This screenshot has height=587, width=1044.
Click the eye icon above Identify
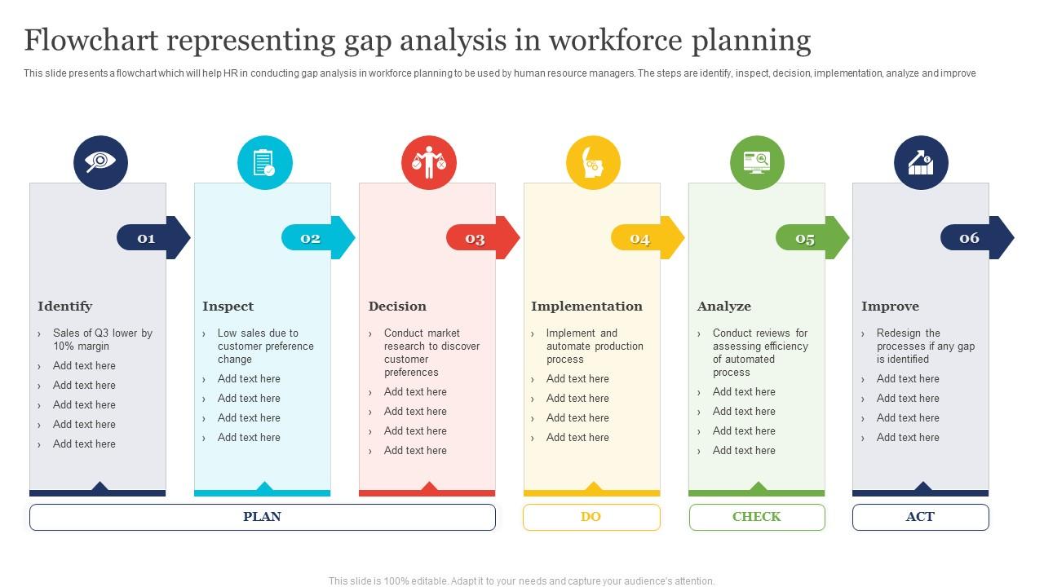coord(100,162)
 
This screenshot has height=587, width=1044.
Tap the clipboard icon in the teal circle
coord(265,162)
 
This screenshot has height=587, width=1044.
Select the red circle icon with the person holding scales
coord(429,162)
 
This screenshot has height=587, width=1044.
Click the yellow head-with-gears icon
coord(593,162)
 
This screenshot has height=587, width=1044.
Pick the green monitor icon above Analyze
coord(757,162)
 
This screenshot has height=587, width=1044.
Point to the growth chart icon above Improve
coord(921,162)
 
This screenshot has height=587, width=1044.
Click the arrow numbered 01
coord(153,237)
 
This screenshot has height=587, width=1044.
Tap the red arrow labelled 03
coord(483,237)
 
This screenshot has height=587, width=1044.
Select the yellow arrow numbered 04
coord(648,237)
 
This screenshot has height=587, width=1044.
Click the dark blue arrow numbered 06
coord(977,237)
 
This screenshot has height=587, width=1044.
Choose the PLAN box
coord(263,517)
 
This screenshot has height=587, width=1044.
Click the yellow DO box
coord(591,517)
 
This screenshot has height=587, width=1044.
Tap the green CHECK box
coord(757,517)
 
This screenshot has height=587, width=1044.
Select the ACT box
coord(921,517)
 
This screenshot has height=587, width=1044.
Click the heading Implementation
coord(586,306)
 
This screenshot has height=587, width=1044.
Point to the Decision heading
coord(397,306)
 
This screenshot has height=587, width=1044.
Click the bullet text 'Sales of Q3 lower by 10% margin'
coord(103,340)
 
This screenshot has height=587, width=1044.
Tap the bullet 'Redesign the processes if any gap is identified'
coord(926,346)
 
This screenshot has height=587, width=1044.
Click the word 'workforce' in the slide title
coord(615,40)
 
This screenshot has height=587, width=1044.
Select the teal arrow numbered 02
coord(318,237)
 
